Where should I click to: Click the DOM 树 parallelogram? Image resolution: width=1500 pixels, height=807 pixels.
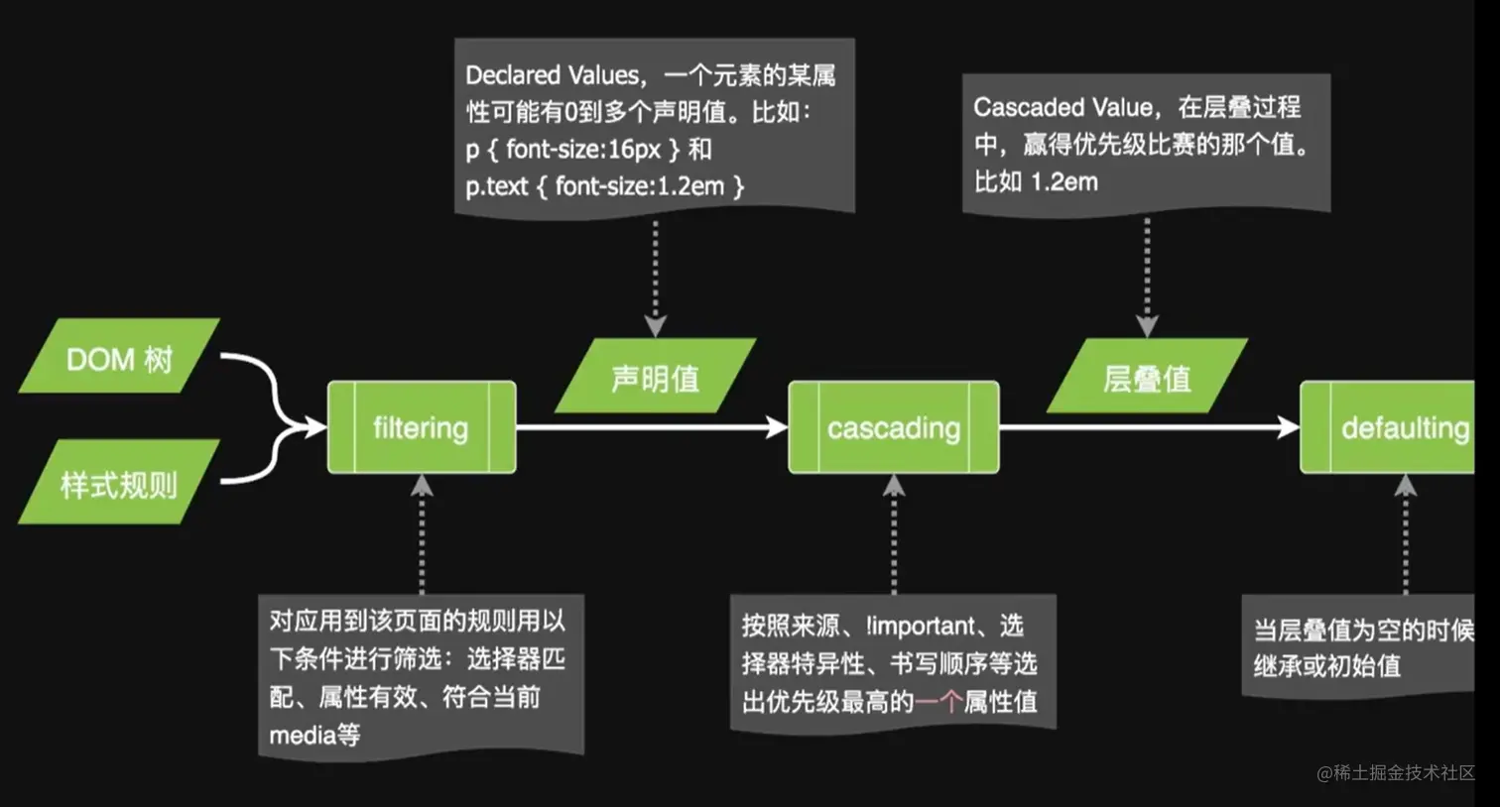[119, 357]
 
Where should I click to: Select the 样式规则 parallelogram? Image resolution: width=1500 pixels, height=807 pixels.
[119, 484]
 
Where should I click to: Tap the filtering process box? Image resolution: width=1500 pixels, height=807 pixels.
[422, 427]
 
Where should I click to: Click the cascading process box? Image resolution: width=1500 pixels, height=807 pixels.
[894, 427]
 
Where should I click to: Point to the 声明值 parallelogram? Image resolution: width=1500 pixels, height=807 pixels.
[656, 377]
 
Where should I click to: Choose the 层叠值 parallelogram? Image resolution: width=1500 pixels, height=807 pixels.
[1147, 377]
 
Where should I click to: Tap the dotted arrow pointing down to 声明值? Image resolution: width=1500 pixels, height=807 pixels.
[655, 278]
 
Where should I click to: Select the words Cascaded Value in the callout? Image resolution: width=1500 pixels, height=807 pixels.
[1063, 107]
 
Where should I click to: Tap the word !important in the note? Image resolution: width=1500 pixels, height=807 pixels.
[920, 627]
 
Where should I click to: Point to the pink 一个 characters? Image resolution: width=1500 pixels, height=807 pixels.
[937, 702]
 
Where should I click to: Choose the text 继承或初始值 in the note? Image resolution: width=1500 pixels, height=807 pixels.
[1327, 666]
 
